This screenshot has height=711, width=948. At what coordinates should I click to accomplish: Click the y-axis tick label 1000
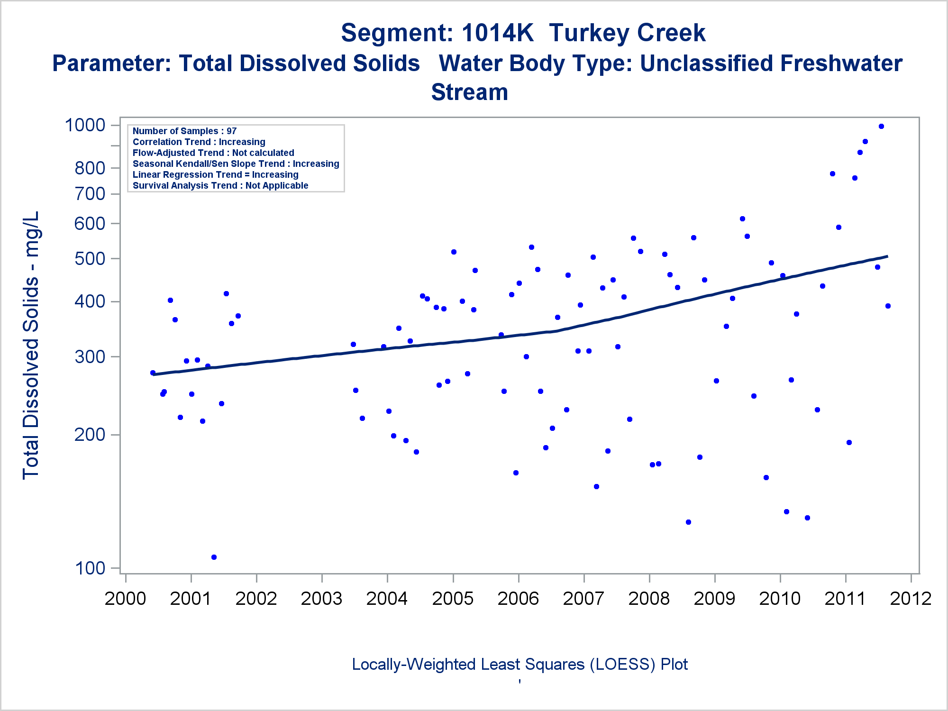85,125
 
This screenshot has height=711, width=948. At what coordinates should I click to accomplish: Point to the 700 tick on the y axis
90,194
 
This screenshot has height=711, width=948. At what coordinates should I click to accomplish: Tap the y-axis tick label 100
90,568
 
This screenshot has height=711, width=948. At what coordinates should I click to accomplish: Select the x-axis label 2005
453,599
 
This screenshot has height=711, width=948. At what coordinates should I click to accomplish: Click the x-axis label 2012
911,599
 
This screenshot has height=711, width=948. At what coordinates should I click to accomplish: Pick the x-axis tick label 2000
126,599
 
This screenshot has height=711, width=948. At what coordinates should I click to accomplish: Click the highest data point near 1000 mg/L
881,127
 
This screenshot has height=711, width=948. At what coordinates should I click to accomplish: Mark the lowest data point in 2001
214,557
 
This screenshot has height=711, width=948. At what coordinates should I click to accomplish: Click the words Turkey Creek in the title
627,33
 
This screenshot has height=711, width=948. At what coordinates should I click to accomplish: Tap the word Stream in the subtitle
469,92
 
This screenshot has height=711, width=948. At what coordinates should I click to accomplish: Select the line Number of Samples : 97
184,131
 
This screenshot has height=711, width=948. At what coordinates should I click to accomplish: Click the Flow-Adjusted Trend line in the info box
213,153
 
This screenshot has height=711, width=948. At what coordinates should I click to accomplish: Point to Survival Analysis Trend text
220,186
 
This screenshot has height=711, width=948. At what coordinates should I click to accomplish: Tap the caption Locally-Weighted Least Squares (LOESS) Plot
520,665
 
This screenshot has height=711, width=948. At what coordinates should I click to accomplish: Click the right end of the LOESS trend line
887,256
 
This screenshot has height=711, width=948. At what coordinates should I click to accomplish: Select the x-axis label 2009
714,599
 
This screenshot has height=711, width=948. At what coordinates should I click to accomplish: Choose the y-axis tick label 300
90,356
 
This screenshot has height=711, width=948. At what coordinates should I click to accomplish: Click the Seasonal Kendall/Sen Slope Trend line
236,164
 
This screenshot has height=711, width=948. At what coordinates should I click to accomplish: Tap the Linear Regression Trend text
216,175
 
